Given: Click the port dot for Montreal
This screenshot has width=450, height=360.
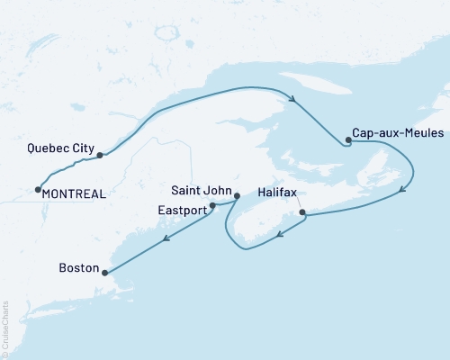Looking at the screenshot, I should pyautogui.click(x=38, y=190).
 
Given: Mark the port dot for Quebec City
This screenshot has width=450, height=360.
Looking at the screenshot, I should pyautogui.click(x=100, y=155).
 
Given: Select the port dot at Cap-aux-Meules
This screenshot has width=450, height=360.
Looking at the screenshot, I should pyautogui.click(x=347, y=140).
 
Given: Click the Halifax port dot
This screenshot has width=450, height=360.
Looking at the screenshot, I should pyautogui.click(x=302, y=213).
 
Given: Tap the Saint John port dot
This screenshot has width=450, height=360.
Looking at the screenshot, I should pyautogui.click(x=236, y=195).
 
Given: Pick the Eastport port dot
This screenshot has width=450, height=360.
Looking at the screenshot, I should pyautogui.click(x=212, y=206).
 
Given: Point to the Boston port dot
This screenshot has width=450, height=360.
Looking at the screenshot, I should pyautogui.click(x=105, y=273).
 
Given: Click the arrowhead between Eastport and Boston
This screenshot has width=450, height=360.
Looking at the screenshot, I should pyautogui.click(x=166, y=239).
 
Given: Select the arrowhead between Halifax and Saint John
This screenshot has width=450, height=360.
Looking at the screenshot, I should pyautogui.click(x=280, y=236).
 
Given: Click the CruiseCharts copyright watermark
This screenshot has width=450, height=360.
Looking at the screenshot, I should pyautogui.click(x=5, y=328).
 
